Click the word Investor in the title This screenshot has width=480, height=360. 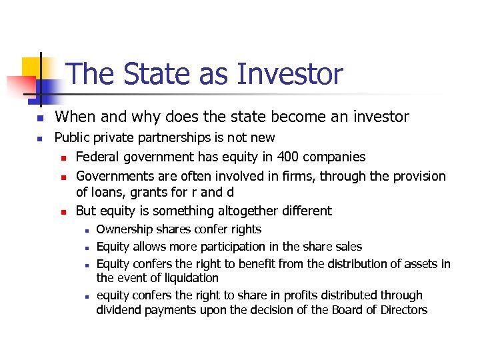tap(293, 74)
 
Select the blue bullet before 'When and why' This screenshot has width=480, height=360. tap(39, 118)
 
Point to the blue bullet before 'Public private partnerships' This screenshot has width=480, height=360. tap(39, 139)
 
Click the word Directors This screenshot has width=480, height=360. tap(400, 309)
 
